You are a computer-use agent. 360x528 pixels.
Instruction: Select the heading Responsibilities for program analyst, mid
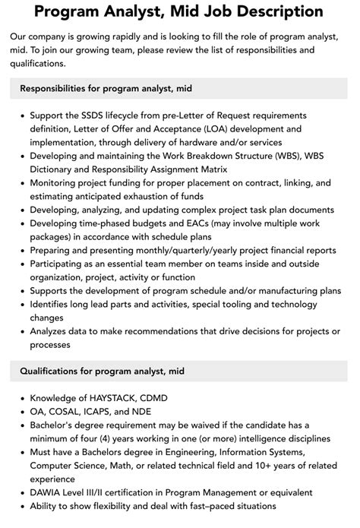106,89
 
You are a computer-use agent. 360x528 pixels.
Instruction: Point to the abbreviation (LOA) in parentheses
221,128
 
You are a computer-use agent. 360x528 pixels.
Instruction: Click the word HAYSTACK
122,397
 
